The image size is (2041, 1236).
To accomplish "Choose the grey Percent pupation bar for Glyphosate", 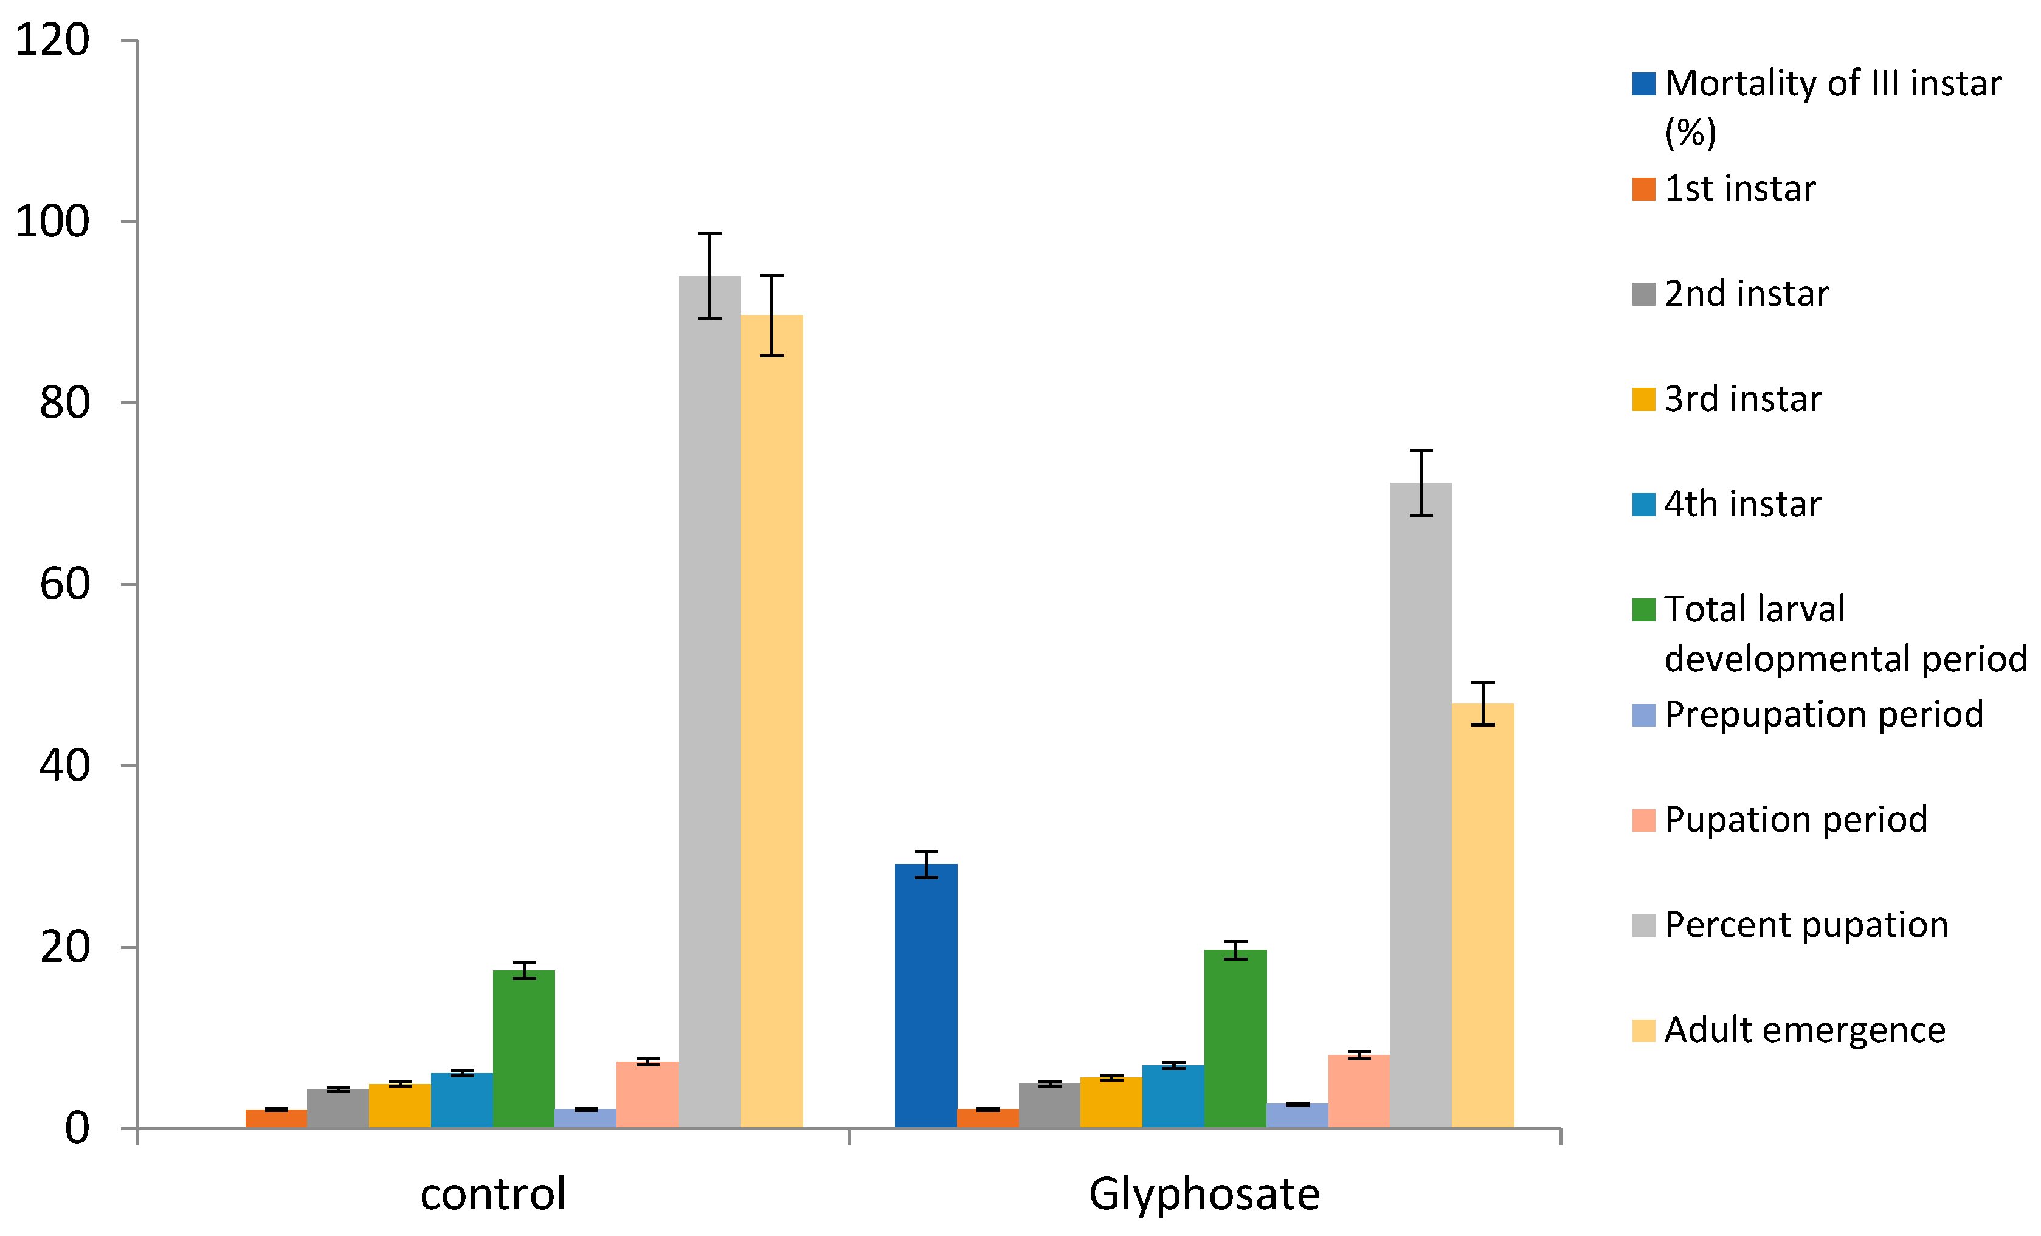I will [1421, 804].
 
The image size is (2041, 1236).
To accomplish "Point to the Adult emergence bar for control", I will [771, 720].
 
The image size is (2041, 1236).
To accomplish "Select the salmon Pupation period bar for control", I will [647, 1094].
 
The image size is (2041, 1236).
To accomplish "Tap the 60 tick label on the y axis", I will [64, 585].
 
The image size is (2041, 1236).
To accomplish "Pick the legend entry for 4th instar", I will [1742, 503].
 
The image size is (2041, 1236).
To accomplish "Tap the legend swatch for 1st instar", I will [1643, 189].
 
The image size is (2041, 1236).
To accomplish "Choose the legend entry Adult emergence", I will [1804, 1030].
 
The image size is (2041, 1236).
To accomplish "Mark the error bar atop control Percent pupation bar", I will [709, 276].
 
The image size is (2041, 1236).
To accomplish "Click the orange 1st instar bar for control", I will [276, 1119].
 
